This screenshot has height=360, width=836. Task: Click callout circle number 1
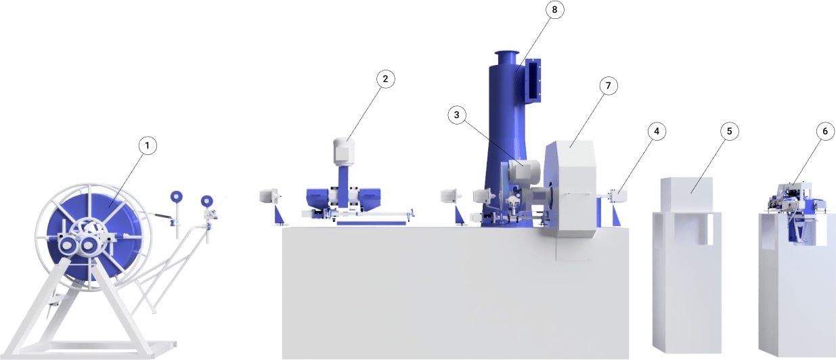click(148, 145)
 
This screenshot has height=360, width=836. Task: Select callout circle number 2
click(386, 78)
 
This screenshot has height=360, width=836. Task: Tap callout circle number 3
click(457, 115)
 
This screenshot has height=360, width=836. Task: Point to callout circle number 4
click(657, 131)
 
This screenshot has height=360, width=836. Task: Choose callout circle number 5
click(729, 131)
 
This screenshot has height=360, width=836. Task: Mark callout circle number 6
click(824, 131)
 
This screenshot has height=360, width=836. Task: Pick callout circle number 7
click(609, 86)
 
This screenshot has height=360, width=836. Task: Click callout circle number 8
click(554, 9)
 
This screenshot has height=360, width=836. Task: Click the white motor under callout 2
click(344, 152)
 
